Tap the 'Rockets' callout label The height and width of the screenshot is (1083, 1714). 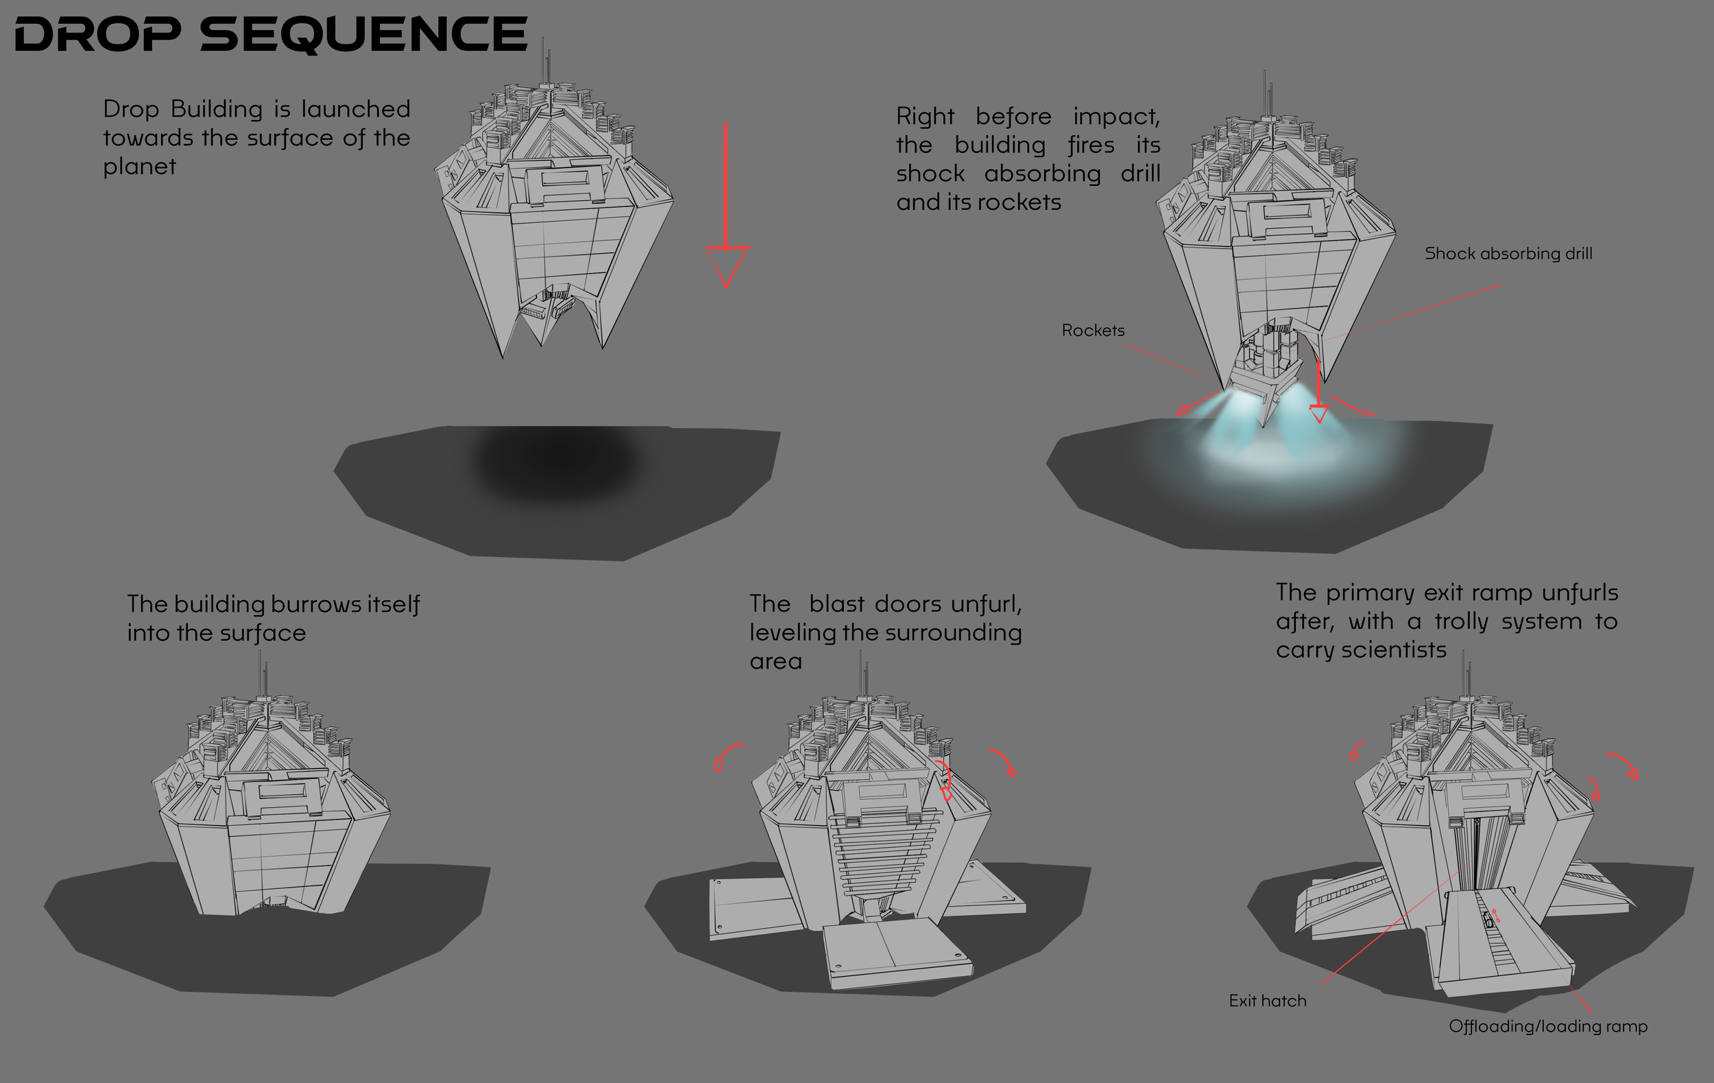point(1093,331)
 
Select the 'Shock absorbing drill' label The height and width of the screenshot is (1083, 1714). point(1508,254)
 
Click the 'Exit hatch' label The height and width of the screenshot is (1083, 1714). point(1267,1001)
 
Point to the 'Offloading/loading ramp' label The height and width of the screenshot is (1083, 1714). point(1547,1026)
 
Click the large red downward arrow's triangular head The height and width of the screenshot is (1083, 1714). point(726,264)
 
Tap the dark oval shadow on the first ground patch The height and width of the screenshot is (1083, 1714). point(555,463)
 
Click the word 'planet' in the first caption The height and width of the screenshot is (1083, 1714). point(139,167)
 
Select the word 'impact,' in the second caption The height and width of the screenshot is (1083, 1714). point(1116,117)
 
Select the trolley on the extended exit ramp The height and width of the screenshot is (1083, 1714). point(1488,919)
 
